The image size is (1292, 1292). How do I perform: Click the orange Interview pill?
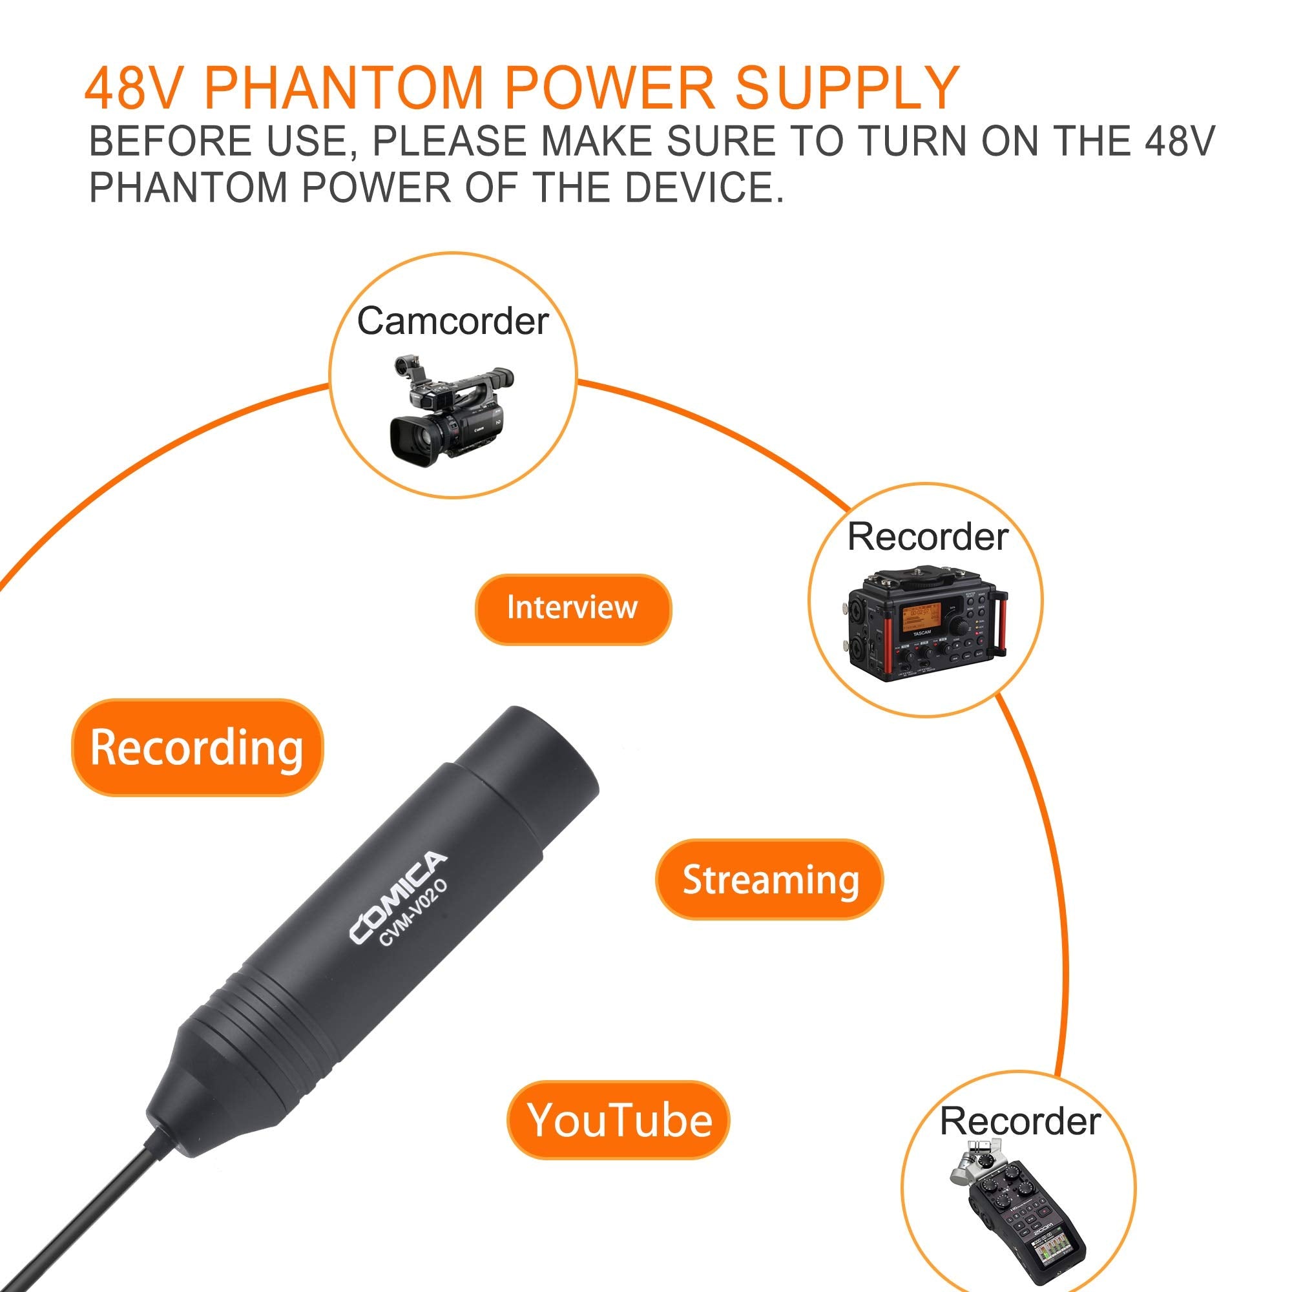click(572, 609)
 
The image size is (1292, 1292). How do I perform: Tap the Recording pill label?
click(196, 747)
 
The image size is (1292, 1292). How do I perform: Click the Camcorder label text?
click(452, 322)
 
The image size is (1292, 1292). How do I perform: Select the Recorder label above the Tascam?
click(928, 537)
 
